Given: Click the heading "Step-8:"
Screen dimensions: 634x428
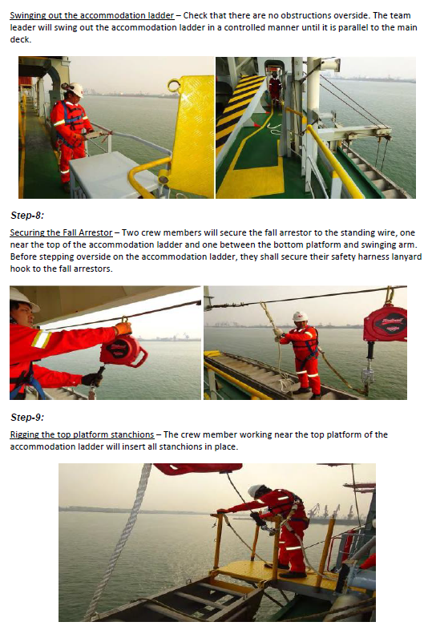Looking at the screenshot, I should tap(27, 216).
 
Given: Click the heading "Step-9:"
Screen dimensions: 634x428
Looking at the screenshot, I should tap(27, 418).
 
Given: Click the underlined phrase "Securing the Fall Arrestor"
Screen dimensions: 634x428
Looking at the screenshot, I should tap(61, 233).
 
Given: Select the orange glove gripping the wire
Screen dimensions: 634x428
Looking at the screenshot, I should tap(123, 328).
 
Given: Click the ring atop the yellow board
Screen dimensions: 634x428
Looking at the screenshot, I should tap(174, 85).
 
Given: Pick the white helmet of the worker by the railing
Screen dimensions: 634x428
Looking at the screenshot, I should tap(75, 90).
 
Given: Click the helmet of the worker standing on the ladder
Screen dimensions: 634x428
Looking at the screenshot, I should tap(300, 317).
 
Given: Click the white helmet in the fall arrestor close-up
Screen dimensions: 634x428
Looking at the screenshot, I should tap(22, 300).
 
